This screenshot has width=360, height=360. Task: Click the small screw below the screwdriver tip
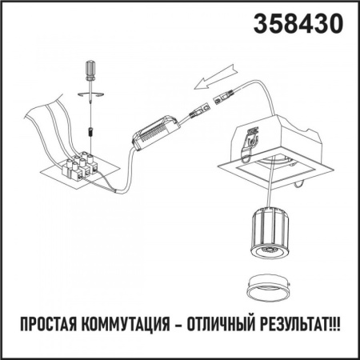[90, 127]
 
